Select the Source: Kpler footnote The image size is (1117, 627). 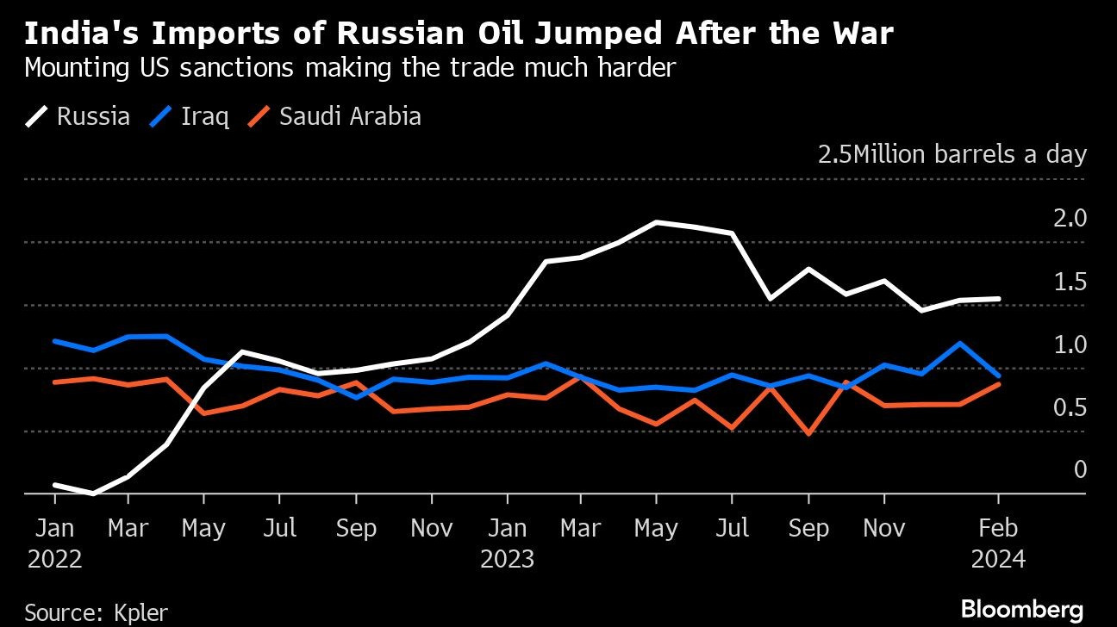tap(97, 612)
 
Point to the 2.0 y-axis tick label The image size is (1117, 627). tap(1070, 219)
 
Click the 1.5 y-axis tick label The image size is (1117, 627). tap(1070, 282)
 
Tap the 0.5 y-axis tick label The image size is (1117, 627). tap(1070, 407)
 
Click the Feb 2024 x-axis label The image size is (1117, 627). tap(998, 543)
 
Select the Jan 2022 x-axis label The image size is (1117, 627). tap(54, 543)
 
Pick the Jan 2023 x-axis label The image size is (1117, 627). tap(507, 543)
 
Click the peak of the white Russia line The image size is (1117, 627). tap(657, 222)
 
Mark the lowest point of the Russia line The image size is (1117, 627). tap(91, 494)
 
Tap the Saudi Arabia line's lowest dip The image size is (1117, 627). tap(808, 434)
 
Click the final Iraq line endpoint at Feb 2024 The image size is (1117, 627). tap(998, 376)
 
